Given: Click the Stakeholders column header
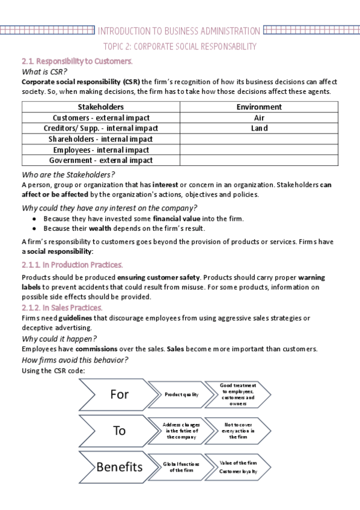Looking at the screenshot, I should tap(101, 107).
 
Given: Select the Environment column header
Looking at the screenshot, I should tap(259, 107).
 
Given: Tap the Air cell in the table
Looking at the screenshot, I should tap(259, 118).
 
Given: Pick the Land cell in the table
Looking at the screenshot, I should tap(259, 128).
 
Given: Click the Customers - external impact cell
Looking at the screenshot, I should tap(101, 118).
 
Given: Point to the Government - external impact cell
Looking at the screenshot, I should tap(101, 161).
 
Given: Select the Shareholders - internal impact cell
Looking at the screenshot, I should tap(101, 139).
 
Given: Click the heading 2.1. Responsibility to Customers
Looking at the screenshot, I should tap(77, 61).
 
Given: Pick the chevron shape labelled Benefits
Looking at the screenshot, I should tap(117, 467).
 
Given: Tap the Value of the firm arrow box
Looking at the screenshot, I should tap(237, 467).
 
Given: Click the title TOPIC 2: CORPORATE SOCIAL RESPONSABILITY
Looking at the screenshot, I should tap(180, 46).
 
